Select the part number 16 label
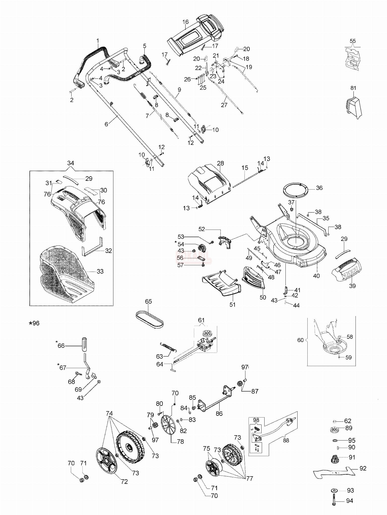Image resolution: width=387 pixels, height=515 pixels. (185, 22)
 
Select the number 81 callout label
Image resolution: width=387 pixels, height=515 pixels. (353, 88)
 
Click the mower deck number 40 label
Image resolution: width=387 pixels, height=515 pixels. (316, 276)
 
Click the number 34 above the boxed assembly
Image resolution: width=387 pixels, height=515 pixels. (71, 163)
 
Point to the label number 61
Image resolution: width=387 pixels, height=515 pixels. (201, 320)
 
